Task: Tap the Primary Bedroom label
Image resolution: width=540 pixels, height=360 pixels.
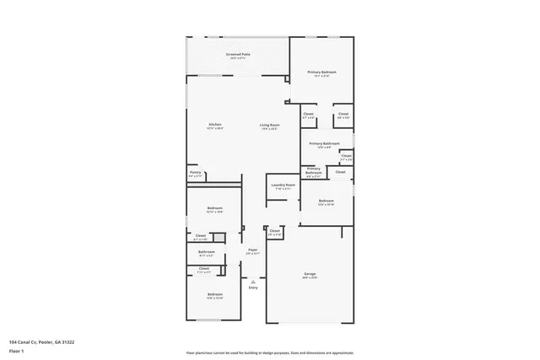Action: click(321, 73)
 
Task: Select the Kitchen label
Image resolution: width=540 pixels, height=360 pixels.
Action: click(215, 125)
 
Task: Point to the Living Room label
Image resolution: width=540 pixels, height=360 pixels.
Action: click(269, 125)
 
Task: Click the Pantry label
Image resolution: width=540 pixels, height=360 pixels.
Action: click(195, 172)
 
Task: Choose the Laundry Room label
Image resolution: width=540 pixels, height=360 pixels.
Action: click(283, 185)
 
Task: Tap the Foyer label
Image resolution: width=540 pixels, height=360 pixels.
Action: click(252, 250)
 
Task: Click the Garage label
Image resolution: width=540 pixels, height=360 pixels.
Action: click(310, 274)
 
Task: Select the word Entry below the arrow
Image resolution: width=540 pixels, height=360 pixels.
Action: click(252, 288)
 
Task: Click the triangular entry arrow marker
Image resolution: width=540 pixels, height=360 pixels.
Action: click(252, 281)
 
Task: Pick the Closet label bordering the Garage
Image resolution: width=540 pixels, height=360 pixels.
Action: click(274, 230)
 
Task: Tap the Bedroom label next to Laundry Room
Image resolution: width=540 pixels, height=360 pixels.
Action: click(327, 201)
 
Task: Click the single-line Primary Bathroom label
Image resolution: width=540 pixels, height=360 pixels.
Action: click(324, 143)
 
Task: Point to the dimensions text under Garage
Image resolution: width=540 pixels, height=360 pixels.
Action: click(310, 278)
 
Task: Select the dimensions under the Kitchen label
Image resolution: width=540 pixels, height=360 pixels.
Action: click(215, 129)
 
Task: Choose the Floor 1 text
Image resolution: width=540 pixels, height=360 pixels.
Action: click(17, 350)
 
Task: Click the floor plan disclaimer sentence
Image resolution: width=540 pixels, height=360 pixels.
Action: click(269, 353)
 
